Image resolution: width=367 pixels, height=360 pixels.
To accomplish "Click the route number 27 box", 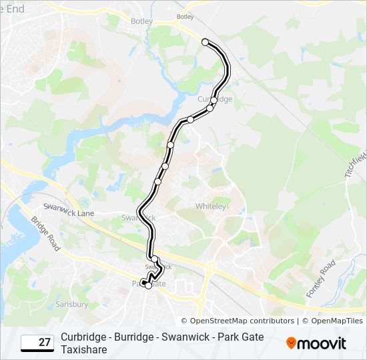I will coord(37,343).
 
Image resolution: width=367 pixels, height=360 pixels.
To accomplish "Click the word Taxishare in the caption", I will coord(83,349).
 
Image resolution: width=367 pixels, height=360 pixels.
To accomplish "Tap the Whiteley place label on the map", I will coord(210,207).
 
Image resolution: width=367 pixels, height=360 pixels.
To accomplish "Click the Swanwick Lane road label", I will coord(68,210).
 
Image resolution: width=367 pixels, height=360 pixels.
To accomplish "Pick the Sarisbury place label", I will coord(72,304).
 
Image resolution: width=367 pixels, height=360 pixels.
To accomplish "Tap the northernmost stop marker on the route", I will coord(205,42).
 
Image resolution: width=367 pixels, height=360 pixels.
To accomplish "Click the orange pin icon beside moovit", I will coord(291,343).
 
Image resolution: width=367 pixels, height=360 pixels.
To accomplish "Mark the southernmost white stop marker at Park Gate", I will coord(148,285).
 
